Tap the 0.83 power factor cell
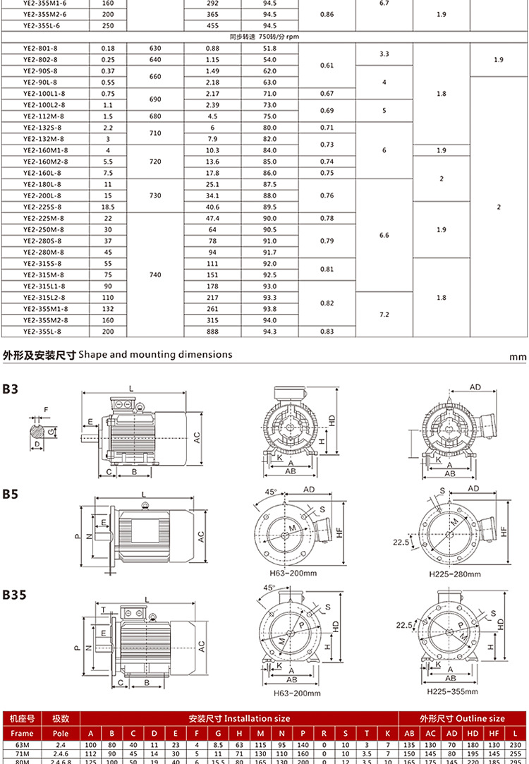[327, 331]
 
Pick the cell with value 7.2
[384, 314]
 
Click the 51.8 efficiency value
[269, 48]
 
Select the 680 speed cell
[155, 116]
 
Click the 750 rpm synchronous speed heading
[264, 36]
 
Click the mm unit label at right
[518, 357]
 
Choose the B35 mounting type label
[14, 595]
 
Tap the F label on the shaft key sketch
[47, 409]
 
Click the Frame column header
[22, 733]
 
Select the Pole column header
[61, 733]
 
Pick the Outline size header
[462, 718]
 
